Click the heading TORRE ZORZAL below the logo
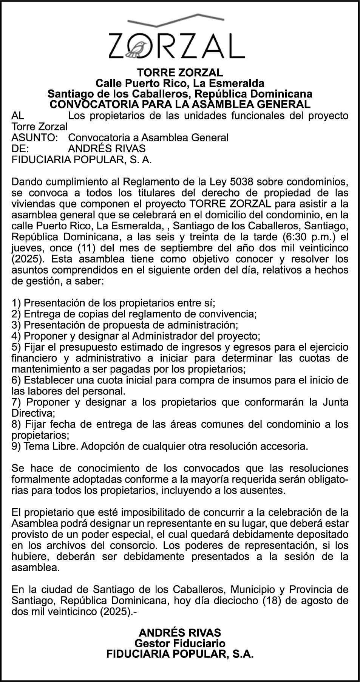coord(180,72)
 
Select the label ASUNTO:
coord(35,138)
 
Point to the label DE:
coord(20,148)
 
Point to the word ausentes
coord(265,490)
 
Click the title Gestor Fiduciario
coord(180,643)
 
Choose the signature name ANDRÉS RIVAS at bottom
coord(180,633)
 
